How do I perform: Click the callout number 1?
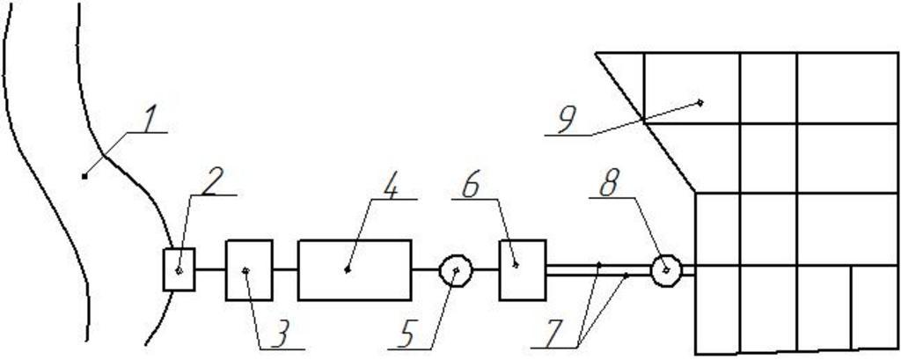(x=153, y=119)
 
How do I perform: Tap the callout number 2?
(x=210, y=181)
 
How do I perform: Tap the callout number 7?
(x=553, y=334)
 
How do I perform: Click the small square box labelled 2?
(x=179, y=269)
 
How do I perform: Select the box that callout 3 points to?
(x=249, y=269)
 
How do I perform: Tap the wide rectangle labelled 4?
(x=355, y=269)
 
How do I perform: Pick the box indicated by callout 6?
(x=523, y=269)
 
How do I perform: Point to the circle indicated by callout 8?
(x=666, y=270)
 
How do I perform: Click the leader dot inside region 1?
(x=84, y=176)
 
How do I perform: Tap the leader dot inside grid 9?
(x=700, y=102)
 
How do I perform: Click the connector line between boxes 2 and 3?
(x=210, y=269)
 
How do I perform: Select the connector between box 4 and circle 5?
(x=425, y=269)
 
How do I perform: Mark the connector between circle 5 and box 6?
(x=487, y=269)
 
